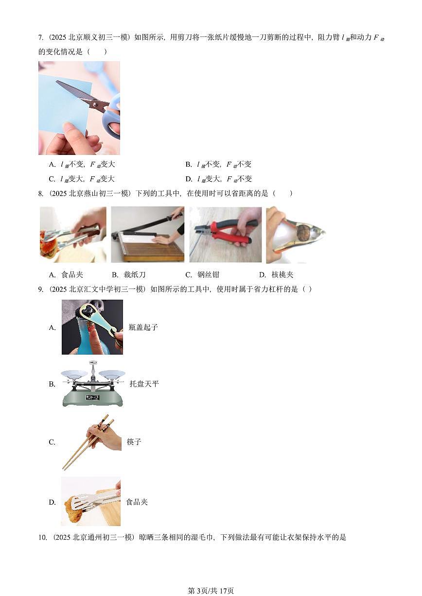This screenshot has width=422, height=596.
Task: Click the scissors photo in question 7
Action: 79,108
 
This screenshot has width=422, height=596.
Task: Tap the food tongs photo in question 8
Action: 73,235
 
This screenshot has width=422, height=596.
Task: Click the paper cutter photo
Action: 147,235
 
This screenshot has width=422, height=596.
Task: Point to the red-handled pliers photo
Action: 226,235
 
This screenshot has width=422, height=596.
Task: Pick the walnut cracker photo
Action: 295,235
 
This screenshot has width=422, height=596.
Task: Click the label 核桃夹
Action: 282,275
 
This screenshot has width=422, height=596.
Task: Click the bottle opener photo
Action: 92,327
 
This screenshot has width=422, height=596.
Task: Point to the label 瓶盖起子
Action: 143,327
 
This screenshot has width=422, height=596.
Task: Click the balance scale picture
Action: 92,384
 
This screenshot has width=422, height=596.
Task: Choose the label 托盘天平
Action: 144,384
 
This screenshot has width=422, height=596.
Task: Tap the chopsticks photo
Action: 91,442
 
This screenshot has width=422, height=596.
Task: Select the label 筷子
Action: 134,442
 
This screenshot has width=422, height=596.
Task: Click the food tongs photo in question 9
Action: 91,501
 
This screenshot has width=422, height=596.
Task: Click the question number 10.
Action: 42,537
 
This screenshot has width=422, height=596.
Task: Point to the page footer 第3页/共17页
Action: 211,591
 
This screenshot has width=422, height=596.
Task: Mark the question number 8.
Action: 41,194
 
